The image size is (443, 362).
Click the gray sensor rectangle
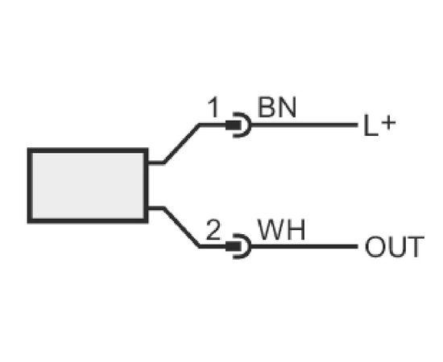(88, 185)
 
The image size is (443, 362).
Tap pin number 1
(213, 108)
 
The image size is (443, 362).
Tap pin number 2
(213, 230)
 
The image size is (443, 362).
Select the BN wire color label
(277, 108)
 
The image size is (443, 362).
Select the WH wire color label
(282, 230)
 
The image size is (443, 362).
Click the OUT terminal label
(395, 247)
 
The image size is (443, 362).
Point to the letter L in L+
(371, 125)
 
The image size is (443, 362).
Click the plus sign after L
(388, 123)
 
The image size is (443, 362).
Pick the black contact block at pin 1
(234, 125)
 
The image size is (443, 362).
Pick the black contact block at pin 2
(234, 247)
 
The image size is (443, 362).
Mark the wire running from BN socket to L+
(304, 125)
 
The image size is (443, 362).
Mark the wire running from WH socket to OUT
(304, 246)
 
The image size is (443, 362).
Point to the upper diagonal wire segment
(182, 143)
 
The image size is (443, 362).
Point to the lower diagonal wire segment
(182, 228)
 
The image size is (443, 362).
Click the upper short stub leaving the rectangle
(155, 162)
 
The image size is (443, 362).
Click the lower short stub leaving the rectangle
(155, 208)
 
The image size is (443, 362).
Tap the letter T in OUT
(416, 247)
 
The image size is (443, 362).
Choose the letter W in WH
(271, 230)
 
